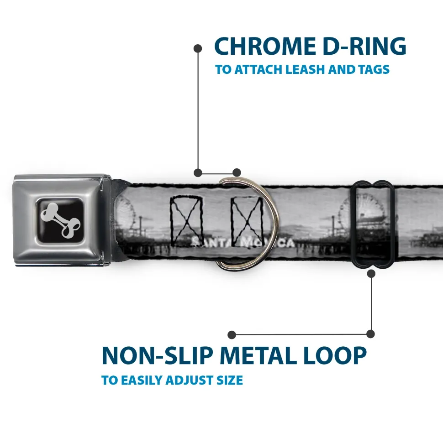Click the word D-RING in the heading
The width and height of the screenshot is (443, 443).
pyautogui.click(x=362, y=46)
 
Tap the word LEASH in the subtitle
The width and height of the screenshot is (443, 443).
pyautogui.click(x=305, y=70)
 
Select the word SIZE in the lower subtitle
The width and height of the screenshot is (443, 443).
pyautogui.click(x=230, y=380)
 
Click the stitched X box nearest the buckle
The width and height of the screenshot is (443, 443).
pyautogui.click(x=186, y=219)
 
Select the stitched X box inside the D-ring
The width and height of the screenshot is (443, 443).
pyautogui.click(x=247, y=219)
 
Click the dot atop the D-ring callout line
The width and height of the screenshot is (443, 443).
pyautogui.click(x=198, y=47)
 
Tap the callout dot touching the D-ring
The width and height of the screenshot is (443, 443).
pyautogui.click(x=237, y=172)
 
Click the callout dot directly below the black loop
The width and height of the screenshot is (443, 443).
pyautogui.click(x=371, y=273)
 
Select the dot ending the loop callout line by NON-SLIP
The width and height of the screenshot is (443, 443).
pyautogui.click(x=232, y=335)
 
